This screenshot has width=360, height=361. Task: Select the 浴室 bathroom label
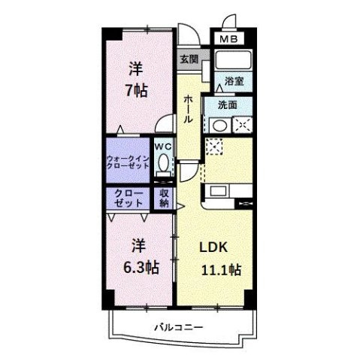231,81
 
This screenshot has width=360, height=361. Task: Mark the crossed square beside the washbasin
242,126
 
